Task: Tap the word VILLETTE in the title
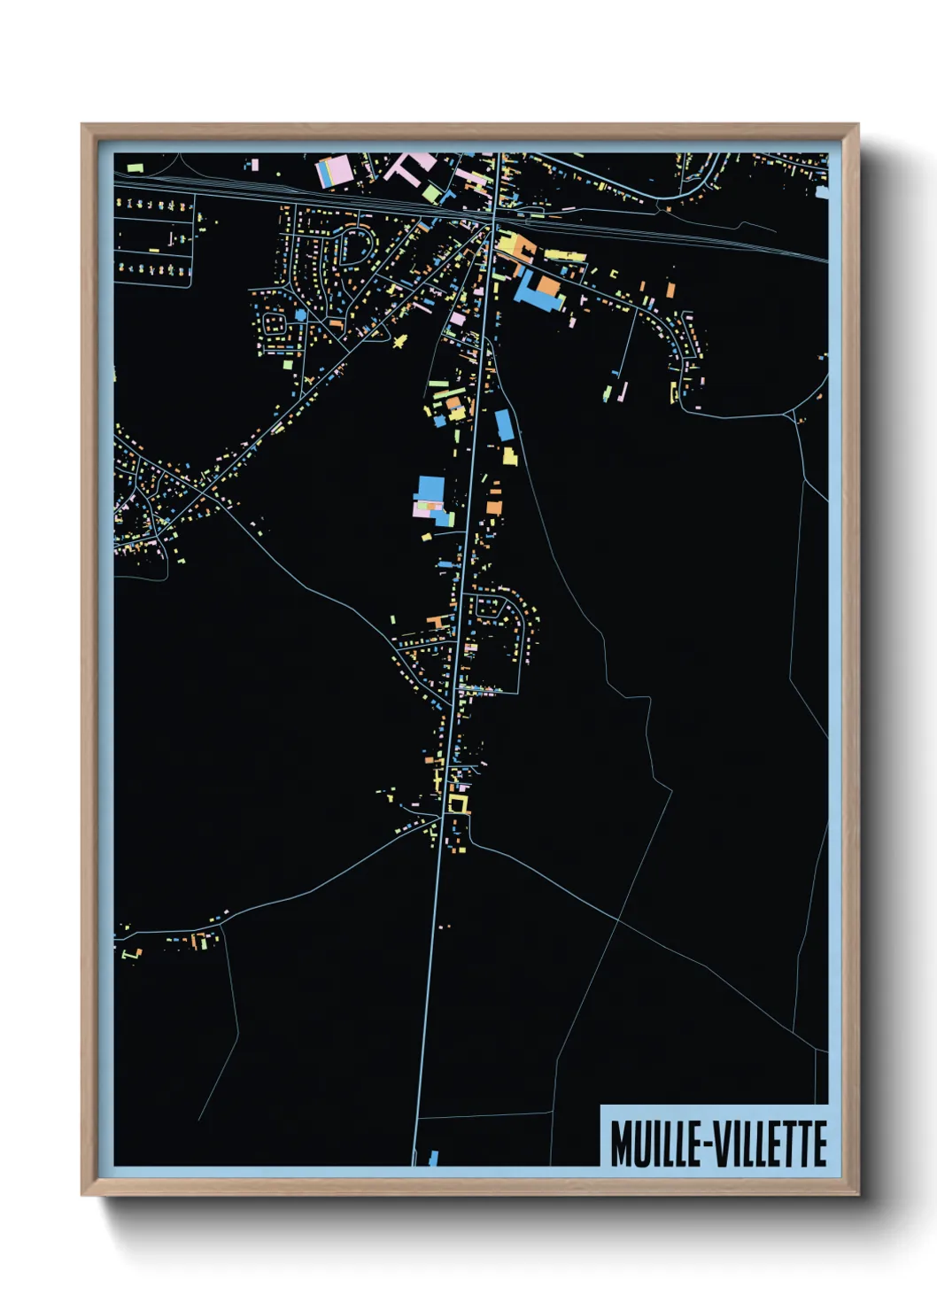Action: [770, 1144]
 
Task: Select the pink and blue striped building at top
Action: [334, 171]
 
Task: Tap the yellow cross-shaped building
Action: [400, 340]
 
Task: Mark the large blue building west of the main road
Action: [430, 489]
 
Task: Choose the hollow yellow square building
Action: [457, 803]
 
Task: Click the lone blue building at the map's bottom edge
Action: [433, 1157]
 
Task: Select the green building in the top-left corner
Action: [135, 167]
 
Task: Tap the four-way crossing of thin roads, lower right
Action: [619, 921]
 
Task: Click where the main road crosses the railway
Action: [494, 214]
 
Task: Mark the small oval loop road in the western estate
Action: [274, 320]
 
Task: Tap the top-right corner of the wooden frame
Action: [857, 125]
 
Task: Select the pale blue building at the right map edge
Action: [824, 191]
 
